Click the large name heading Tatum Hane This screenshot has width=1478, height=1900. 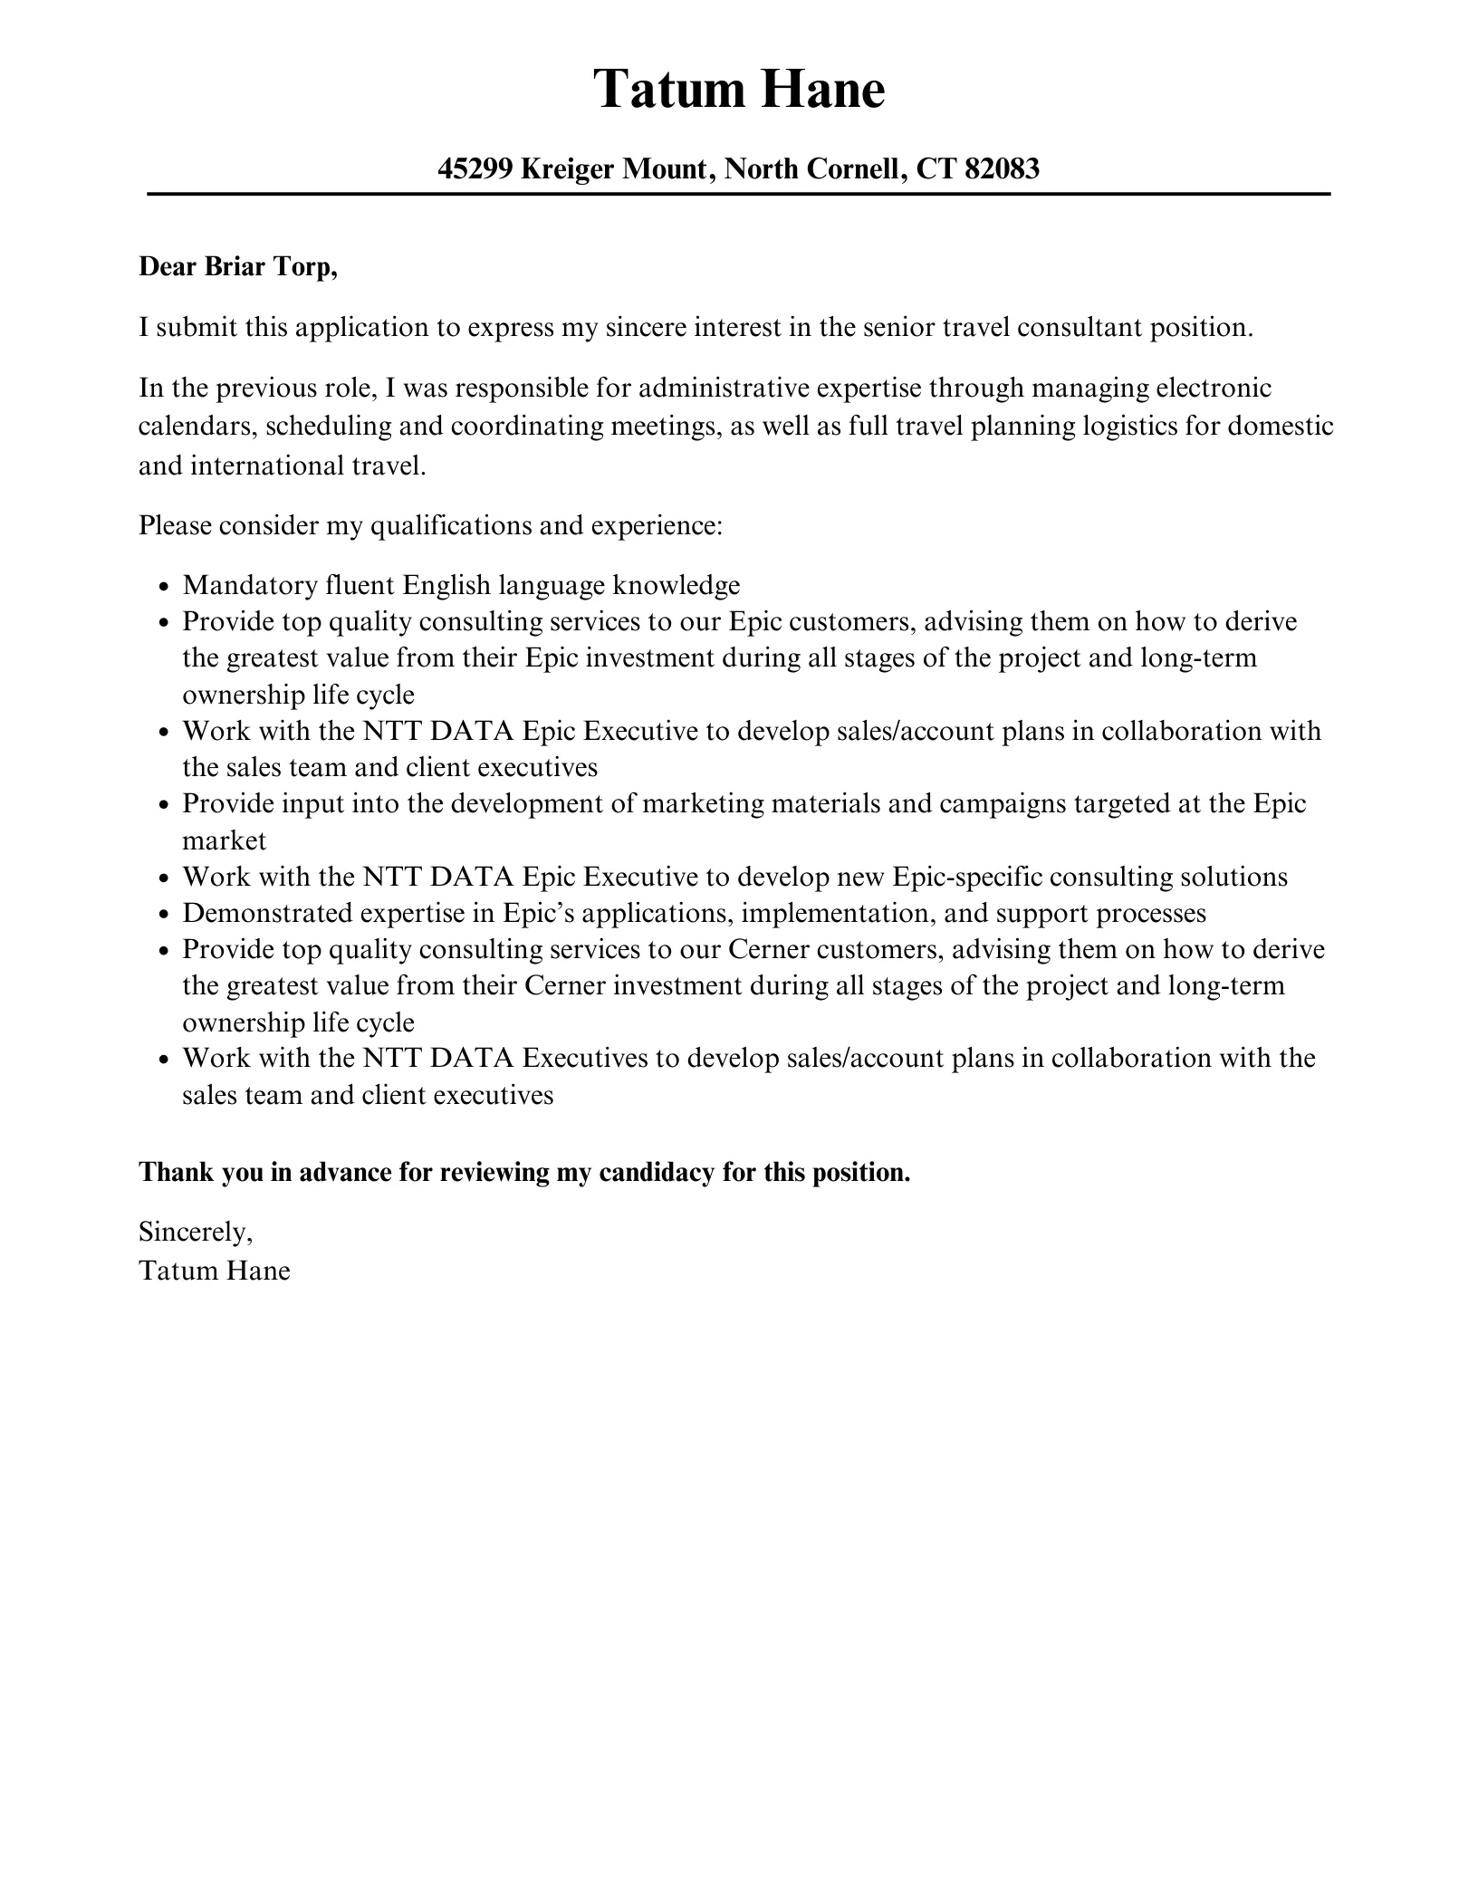coord(738,90)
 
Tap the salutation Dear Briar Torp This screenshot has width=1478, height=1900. coord(237,267)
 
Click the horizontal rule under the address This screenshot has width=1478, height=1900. coord(738,195)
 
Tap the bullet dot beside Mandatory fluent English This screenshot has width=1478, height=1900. coord(164,587)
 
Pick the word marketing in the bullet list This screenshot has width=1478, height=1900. coord(703,803)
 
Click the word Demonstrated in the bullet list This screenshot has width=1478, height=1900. coord(268,913)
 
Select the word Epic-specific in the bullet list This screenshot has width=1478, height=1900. coord(966,877)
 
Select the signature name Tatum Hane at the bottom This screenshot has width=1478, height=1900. coord(215,1271)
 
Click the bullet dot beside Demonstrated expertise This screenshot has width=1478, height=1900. coord(164,915)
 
